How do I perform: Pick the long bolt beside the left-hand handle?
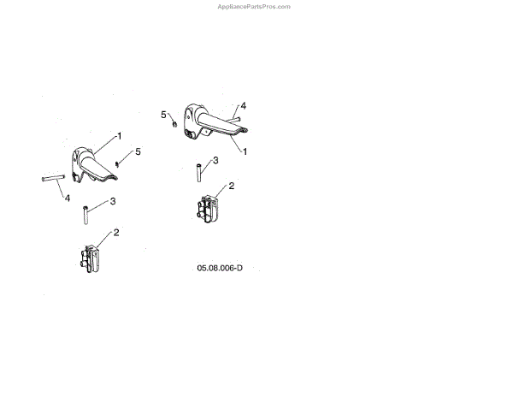point(52,179)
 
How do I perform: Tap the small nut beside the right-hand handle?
point(174,122)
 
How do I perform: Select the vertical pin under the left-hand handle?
point(85,214)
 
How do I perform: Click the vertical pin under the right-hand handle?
point(198,171)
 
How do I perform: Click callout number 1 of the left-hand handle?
point(120,136)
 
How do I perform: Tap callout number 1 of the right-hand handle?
point(245,151)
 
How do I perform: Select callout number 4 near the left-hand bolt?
point(66,198)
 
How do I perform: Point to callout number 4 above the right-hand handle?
point(244,105)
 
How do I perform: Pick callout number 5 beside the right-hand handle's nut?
point(163,113)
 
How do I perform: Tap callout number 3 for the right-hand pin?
point(215,160)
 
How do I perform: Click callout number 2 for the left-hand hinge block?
point(115,232)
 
